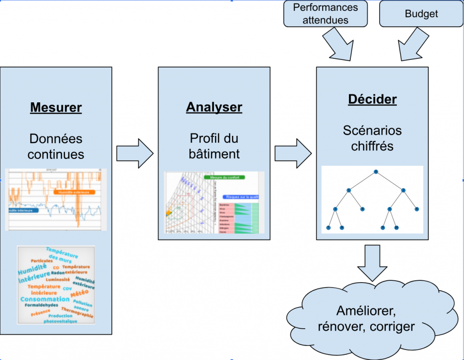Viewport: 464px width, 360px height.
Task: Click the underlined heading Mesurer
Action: [56, 108]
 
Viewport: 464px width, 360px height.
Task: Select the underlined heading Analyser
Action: [214, 107]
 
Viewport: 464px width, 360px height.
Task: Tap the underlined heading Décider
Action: [372, 100]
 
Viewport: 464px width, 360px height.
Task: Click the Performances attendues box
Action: [325, 14]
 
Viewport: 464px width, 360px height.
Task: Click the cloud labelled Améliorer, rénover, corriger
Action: [376, 318]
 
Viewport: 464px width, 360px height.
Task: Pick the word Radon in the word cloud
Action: [58, 273]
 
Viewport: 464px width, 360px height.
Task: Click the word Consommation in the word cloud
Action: [45, 299]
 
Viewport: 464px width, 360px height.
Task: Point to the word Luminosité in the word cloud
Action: [57, 279]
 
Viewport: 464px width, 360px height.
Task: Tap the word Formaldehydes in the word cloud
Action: [41, 305]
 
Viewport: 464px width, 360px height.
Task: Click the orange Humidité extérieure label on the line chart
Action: [74, 192]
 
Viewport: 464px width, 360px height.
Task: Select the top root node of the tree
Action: [376, 171]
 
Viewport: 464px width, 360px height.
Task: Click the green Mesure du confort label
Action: [224, 178]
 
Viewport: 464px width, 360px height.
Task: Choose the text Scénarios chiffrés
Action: [372, 138]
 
